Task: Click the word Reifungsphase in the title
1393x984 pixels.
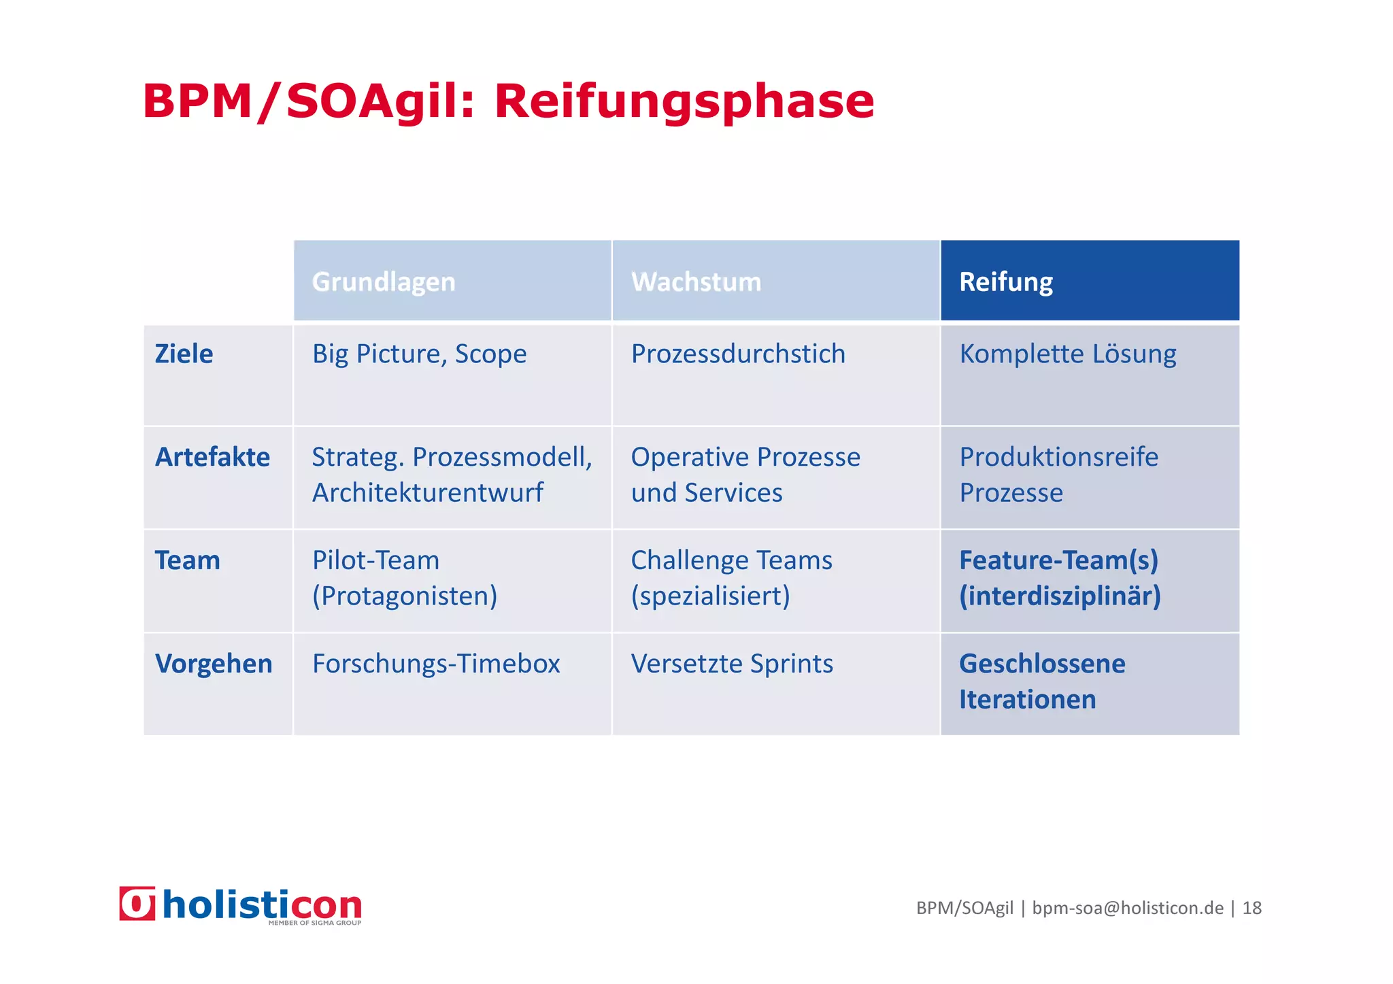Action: coord(684,102)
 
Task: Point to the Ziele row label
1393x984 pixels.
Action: coord(184,354)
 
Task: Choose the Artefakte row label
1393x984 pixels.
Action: coord(212,457)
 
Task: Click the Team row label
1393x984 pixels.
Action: coord(188,560)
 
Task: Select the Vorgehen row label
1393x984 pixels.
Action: coord(214,664)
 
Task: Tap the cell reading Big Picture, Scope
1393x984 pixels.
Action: coord(419,354)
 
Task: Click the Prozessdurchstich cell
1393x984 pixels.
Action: coord(738,354)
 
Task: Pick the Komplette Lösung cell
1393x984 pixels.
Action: coord(1068,354)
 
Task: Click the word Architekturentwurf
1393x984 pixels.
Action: coord(427,493)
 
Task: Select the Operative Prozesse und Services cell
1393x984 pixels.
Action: coord(745,475)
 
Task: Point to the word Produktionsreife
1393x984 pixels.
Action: coord(1058,457)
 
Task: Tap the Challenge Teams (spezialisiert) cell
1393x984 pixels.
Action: coord(731,578)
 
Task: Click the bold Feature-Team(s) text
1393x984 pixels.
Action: coord(1058,560)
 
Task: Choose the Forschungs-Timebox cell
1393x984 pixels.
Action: coord(436,664)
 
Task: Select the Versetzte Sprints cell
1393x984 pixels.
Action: coord(732,664)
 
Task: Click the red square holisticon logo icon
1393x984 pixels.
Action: coord(137,904)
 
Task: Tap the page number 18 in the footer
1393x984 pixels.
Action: coord(1252,908)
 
